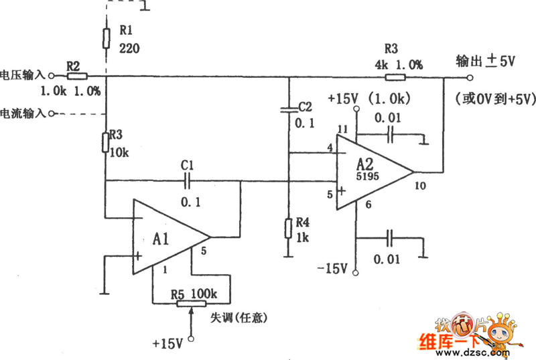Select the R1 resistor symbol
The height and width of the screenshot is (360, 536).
(x=106, y=38)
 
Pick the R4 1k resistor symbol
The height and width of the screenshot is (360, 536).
(x=288, y=229)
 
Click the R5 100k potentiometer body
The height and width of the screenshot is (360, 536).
(x=192, y=303)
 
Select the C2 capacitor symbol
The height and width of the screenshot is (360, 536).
(x=288, y=108)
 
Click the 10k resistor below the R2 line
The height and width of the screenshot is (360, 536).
(x=106, y=142)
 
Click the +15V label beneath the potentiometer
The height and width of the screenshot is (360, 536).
(x=167, y=343)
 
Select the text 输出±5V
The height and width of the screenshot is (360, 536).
(x=485, y=61)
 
